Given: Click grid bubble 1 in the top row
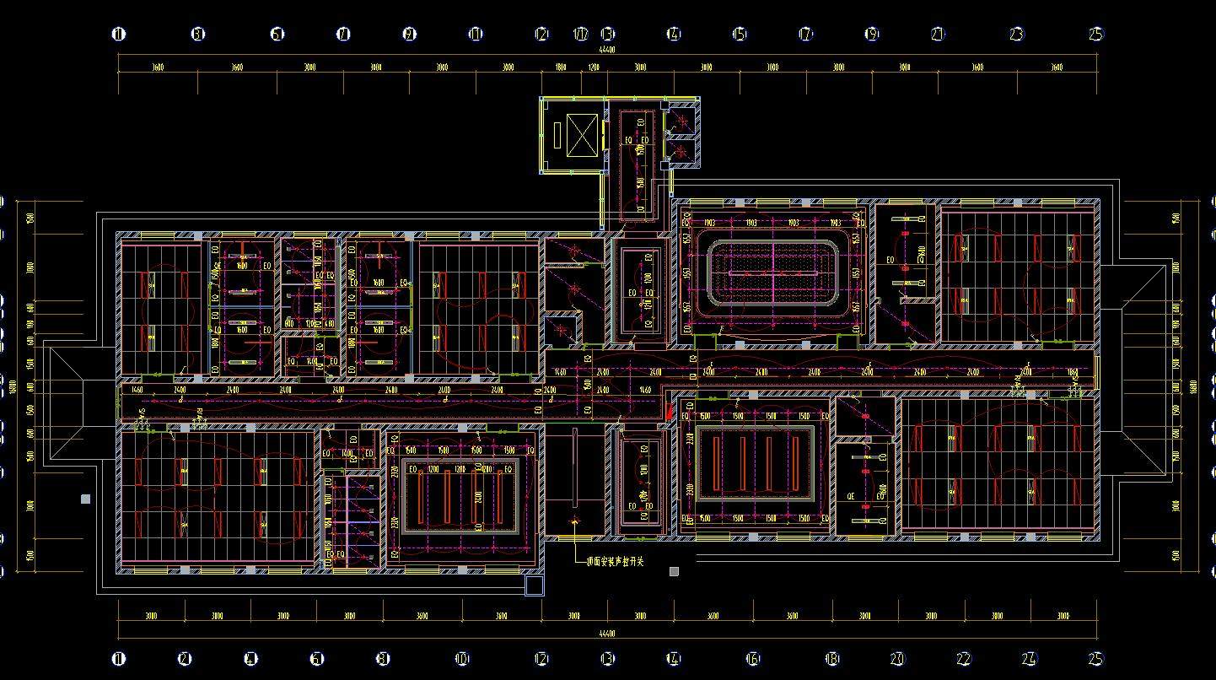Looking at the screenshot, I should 119,35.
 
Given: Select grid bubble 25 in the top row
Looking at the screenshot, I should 1095,35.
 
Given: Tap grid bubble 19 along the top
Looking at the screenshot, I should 871,35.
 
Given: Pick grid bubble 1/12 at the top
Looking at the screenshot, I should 581,35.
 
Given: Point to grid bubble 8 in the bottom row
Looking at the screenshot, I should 383,659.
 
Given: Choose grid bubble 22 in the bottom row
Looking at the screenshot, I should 963,659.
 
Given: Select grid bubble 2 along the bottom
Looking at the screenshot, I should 185,659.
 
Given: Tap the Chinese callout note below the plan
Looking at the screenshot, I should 615,562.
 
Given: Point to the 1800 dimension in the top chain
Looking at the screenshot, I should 561,67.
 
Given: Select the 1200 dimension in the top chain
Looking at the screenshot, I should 593,67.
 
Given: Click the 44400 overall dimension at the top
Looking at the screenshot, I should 607,50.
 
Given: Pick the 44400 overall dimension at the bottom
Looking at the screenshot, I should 607,633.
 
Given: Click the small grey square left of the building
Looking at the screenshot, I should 85,499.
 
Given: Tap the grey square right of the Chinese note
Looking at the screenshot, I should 674,571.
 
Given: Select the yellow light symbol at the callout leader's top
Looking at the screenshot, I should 575,521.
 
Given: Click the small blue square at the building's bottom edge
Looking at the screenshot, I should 534,586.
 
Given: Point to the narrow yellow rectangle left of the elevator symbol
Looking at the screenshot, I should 557,136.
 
